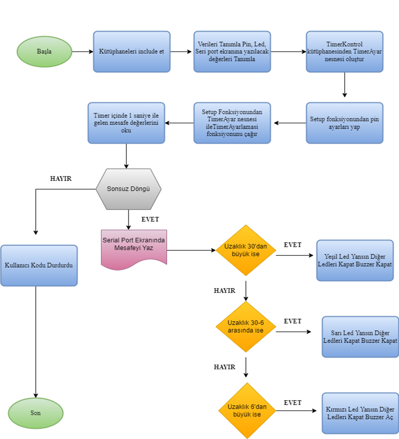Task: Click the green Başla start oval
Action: pos(44,52)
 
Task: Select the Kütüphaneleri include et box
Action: pos(131,52)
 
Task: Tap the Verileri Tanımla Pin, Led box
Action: pos(232,52)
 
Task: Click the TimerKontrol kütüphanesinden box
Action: pos(345,52)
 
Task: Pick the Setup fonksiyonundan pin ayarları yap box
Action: pos(345,123)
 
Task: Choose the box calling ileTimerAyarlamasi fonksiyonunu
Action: pos(232,123)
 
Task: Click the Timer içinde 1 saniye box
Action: pos(126,123)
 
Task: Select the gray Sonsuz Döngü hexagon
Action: pos(128,189)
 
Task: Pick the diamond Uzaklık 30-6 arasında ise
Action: pos(246,327)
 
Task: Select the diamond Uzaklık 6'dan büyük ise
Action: pos(247,410)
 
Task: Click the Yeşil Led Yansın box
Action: pos(358,261)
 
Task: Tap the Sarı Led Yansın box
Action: pos(360,337)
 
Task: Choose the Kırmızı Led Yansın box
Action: pos(360,413)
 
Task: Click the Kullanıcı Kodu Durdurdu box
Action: pos(39,266)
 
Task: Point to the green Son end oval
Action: pos(36,413)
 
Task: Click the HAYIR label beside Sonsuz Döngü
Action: pos(61,178)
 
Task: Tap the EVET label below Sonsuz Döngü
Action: pos(150,219)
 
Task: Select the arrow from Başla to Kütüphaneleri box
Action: pos(82,52)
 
